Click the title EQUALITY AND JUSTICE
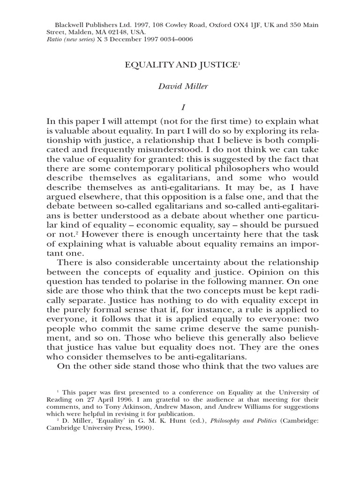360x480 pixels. [x=180, y=66]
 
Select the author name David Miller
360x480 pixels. [x=180, y=87]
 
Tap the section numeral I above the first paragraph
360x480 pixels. [x=180, y=109]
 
